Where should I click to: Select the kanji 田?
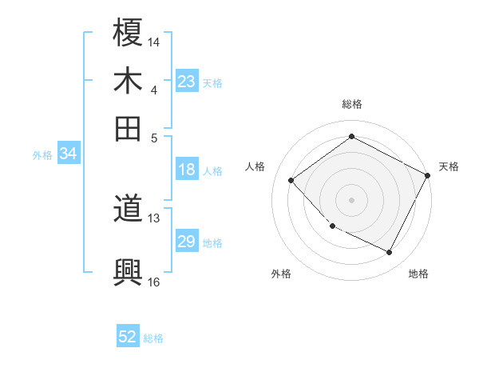point(128,127)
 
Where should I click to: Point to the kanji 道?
point(128,210)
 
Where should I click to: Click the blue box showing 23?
point(187,82)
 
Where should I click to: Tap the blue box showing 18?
point(187,170)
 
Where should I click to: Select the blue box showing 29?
point(187,242)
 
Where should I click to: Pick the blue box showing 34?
point(68,154)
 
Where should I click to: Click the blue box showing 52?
point(128,337)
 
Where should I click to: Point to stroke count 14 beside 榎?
point(154,41)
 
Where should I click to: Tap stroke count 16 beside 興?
point(154,281)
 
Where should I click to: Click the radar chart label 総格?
point(351,104)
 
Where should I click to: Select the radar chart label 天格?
point(449,166)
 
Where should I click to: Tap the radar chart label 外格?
point(281,274)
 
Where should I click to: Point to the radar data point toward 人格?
point(291,180)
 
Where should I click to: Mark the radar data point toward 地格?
point(389,253)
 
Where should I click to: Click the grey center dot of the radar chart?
point(351,199)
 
